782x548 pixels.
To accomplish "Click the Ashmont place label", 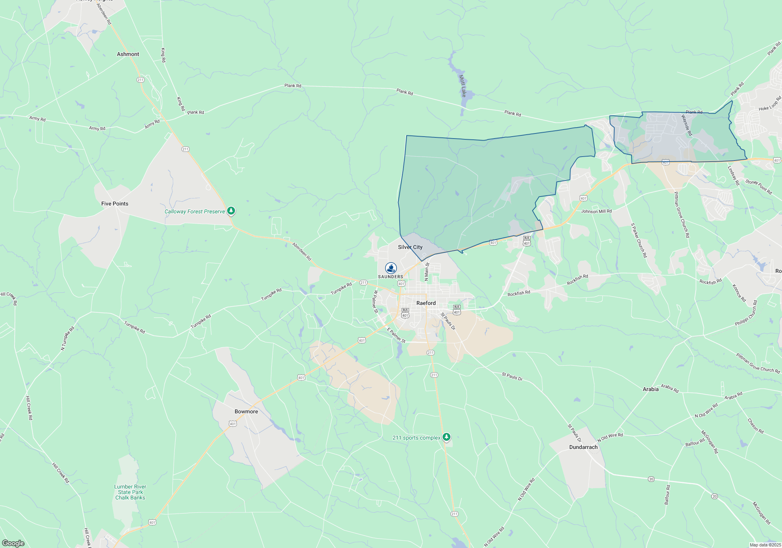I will pyautogui.click(x=128, y=54).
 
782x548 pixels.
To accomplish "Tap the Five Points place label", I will pyautogui.click(x=115, y=204).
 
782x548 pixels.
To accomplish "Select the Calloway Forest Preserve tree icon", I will pyautogui.click(x=231, y=211).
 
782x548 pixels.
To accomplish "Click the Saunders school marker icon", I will pyautogui.click(x=391, y=268).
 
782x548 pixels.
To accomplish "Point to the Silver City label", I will pyautogui.click(x=410, y=247).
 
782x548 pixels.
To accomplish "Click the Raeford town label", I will pyautogui.click(x=426, y=303).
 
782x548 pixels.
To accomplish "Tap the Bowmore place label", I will pyautogui.click(x=246, y=411).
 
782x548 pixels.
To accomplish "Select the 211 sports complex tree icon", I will pyautogui.click(x=447, y=437).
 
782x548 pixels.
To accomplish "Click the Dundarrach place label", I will pyautogui.click(x=583, y=447).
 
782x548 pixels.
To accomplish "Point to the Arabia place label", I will pyautogui.click(x=651, y=389).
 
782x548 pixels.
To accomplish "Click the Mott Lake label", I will pyautogui.click(x=463, y=86).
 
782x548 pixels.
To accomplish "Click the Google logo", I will pyautogui.click(x=13, y=543).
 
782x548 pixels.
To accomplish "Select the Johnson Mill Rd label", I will pyautogui.click(x=596, y=211).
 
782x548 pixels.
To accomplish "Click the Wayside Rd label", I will pyautogui.click(x=687, y=125).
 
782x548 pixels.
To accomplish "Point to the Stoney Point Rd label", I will pyautogui.click(x=759, y=187).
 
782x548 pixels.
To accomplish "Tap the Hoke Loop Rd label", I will pyautogui.click(x=769, y=104).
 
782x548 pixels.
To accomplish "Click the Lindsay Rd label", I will pyautogui.click(x=734, y=175).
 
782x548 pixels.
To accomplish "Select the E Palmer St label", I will pyautogui.click(x=396, y=335).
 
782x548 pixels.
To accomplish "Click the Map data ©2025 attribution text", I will pyautogui.click(x=765, y=545).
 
